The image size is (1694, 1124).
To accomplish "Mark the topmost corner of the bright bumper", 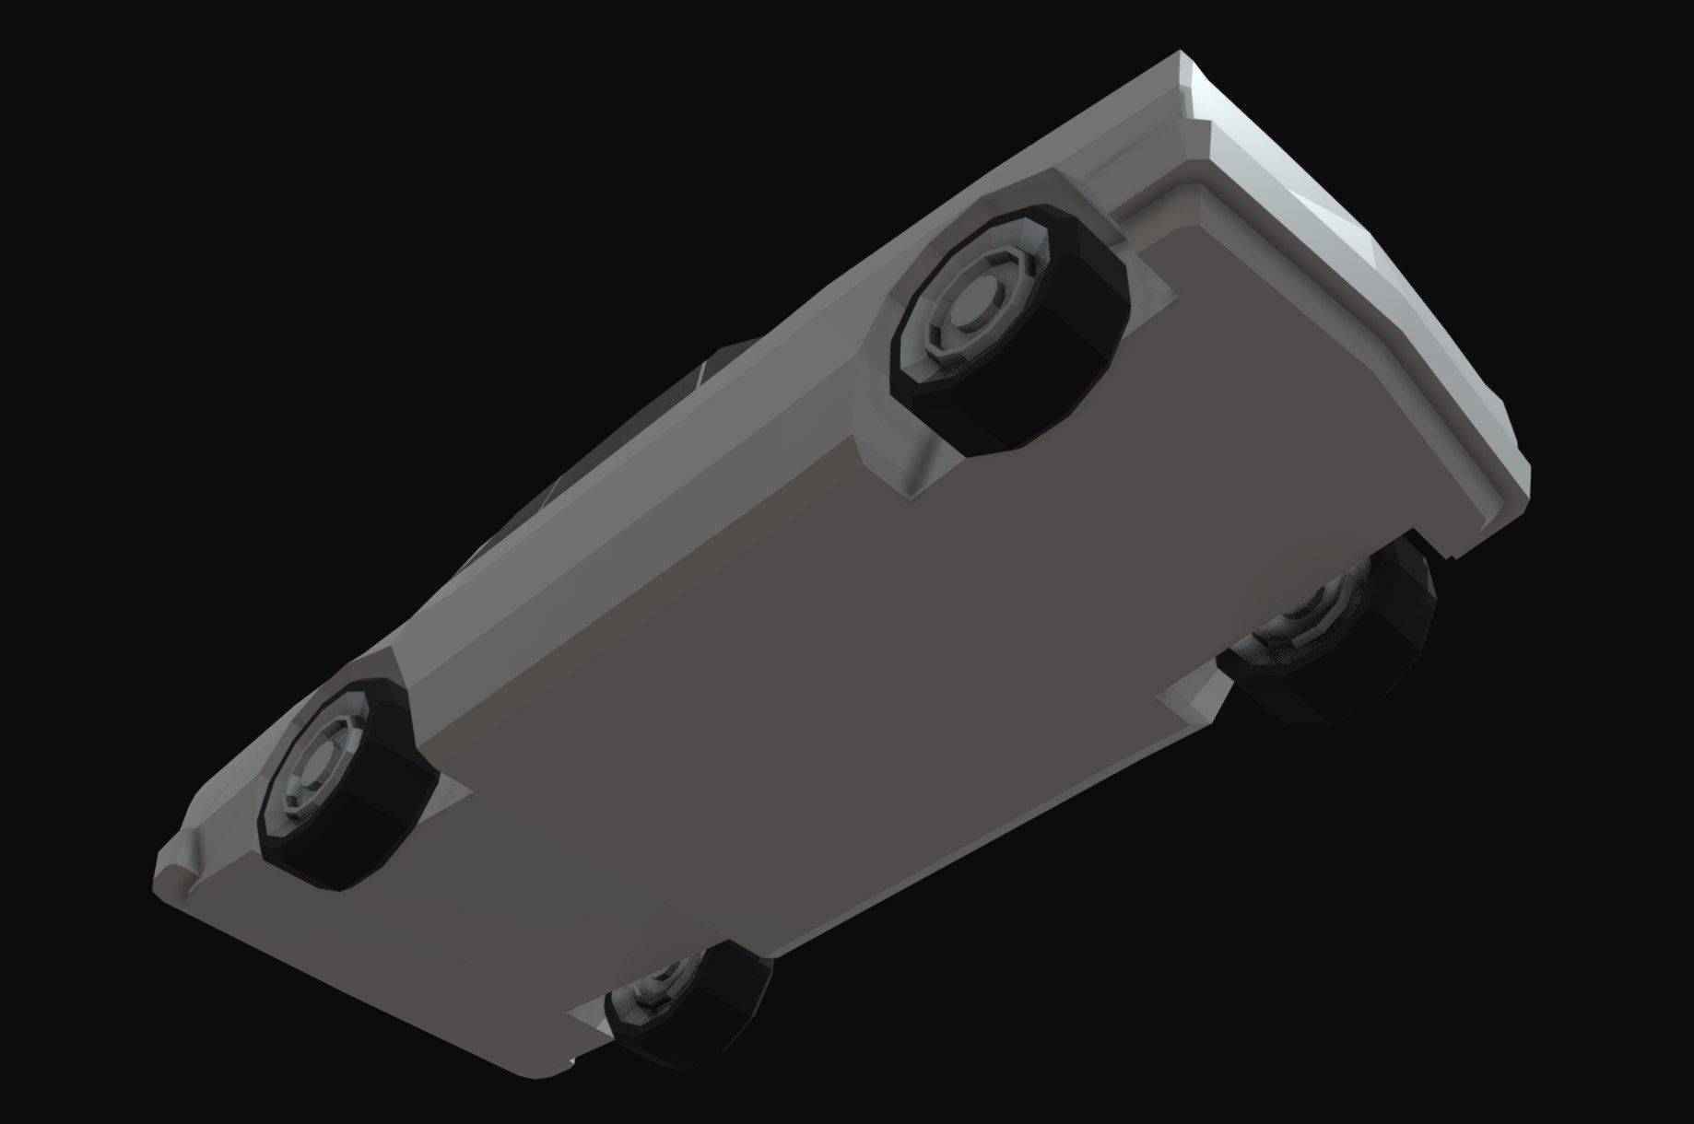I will pos(1184,55).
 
